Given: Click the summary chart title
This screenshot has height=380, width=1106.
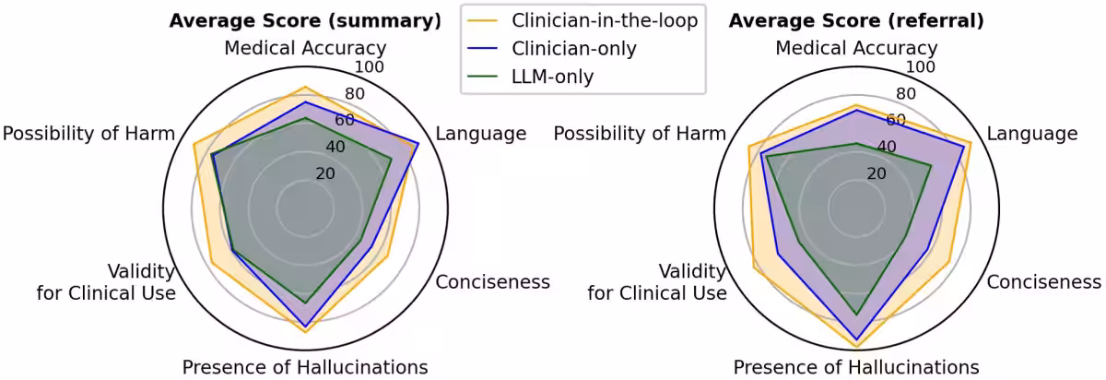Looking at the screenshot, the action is [x=305, y=21].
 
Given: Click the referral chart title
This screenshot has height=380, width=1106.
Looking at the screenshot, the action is [x=856, y=21].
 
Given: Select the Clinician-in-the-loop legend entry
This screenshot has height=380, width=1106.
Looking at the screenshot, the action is [x=582, y=21].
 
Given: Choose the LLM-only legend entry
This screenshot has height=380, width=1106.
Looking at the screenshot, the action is [x=530, y=77].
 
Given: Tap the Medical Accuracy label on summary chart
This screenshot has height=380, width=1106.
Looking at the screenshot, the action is [x=305, y=49].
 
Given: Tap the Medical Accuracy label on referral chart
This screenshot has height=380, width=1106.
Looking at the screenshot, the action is [x=856, y=49].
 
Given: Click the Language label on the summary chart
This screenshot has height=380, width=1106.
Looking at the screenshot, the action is [x=481, y=134].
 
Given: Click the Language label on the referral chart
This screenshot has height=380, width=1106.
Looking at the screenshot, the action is [x=1032, y=134].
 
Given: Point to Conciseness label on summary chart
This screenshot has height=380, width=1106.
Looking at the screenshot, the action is [x=492, y=282].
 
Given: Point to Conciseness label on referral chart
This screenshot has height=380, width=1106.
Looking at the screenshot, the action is [x=1043, y=282].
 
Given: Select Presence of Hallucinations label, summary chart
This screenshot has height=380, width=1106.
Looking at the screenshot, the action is [x=305, y=368].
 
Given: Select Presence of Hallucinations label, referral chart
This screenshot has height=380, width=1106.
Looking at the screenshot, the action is [x=856, y=368].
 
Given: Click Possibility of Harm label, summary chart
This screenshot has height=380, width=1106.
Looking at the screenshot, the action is [x=88, y=134].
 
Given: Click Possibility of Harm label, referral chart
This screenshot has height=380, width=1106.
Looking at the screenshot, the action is [x=640, y=134].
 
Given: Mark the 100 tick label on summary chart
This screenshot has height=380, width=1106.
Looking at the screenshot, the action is [x=370, y=66].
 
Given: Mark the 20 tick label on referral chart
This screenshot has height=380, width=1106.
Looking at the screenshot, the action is [x=877, y=173].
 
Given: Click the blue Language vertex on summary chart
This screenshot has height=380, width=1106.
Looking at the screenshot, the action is [x=418, y=144].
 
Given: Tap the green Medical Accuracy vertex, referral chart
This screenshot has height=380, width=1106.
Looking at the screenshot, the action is [x=856, y=143].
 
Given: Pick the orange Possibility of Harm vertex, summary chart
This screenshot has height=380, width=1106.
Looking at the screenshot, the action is [x=193, y=144].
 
